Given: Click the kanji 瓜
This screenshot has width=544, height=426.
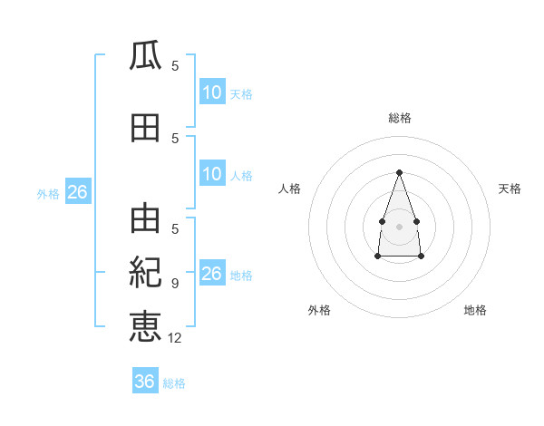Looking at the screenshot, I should [x=145, y=56].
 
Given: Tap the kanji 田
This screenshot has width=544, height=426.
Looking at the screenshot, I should [x=145, y=128].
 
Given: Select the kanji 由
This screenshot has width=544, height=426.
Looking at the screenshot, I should [x=145, y=220].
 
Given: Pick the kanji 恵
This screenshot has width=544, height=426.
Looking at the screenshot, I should [x=145, y=326].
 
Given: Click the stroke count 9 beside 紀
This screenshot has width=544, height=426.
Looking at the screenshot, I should [x=174, y=284].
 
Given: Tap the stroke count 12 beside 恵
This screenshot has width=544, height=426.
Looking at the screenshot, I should [x=175, y=337].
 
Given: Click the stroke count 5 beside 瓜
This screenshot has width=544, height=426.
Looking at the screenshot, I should [x=174, y=65].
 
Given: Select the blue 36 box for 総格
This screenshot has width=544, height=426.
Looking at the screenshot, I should [x=145, y=382].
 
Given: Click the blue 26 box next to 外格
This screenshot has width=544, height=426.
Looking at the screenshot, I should [x=77, y=192].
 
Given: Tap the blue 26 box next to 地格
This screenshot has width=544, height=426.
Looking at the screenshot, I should [x=212, y=274].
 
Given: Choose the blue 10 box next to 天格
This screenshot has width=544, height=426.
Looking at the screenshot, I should [x=212, y=92].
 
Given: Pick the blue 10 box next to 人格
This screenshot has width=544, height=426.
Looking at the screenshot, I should [x=212, y=174].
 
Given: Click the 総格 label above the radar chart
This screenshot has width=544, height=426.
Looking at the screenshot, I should [x=399, y=118].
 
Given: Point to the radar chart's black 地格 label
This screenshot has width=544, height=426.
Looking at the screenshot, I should [x=475, y=311].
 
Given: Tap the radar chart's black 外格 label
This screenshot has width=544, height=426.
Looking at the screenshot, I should [x=319, y=311].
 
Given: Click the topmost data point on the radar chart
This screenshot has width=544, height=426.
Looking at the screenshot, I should [x=399, y=171].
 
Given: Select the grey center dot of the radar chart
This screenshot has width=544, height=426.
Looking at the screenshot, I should [x=399, y=225].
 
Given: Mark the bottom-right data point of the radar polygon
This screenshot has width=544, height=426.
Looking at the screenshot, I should [x=421, y=257].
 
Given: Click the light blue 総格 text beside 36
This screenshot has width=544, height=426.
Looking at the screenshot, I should [x=174, y=383].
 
